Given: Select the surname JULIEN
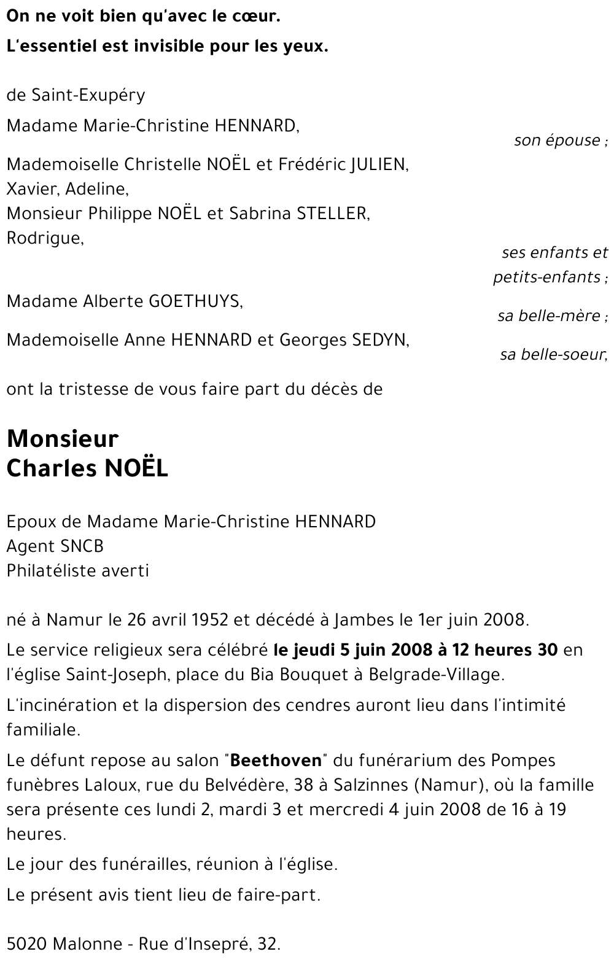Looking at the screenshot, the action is point(378,165).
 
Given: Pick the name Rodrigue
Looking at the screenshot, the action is point(44,238).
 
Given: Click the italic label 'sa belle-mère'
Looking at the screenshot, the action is point(550,316).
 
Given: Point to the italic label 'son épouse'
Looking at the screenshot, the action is point(558,141).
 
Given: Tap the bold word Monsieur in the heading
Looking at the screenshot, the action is point(62,439).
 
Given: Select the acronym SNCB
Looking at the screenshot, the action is point(82,546).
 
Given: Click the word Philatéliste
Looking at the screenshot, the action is point(52,571).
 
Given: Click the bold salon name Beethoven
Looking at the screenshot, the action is point(277,761).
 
